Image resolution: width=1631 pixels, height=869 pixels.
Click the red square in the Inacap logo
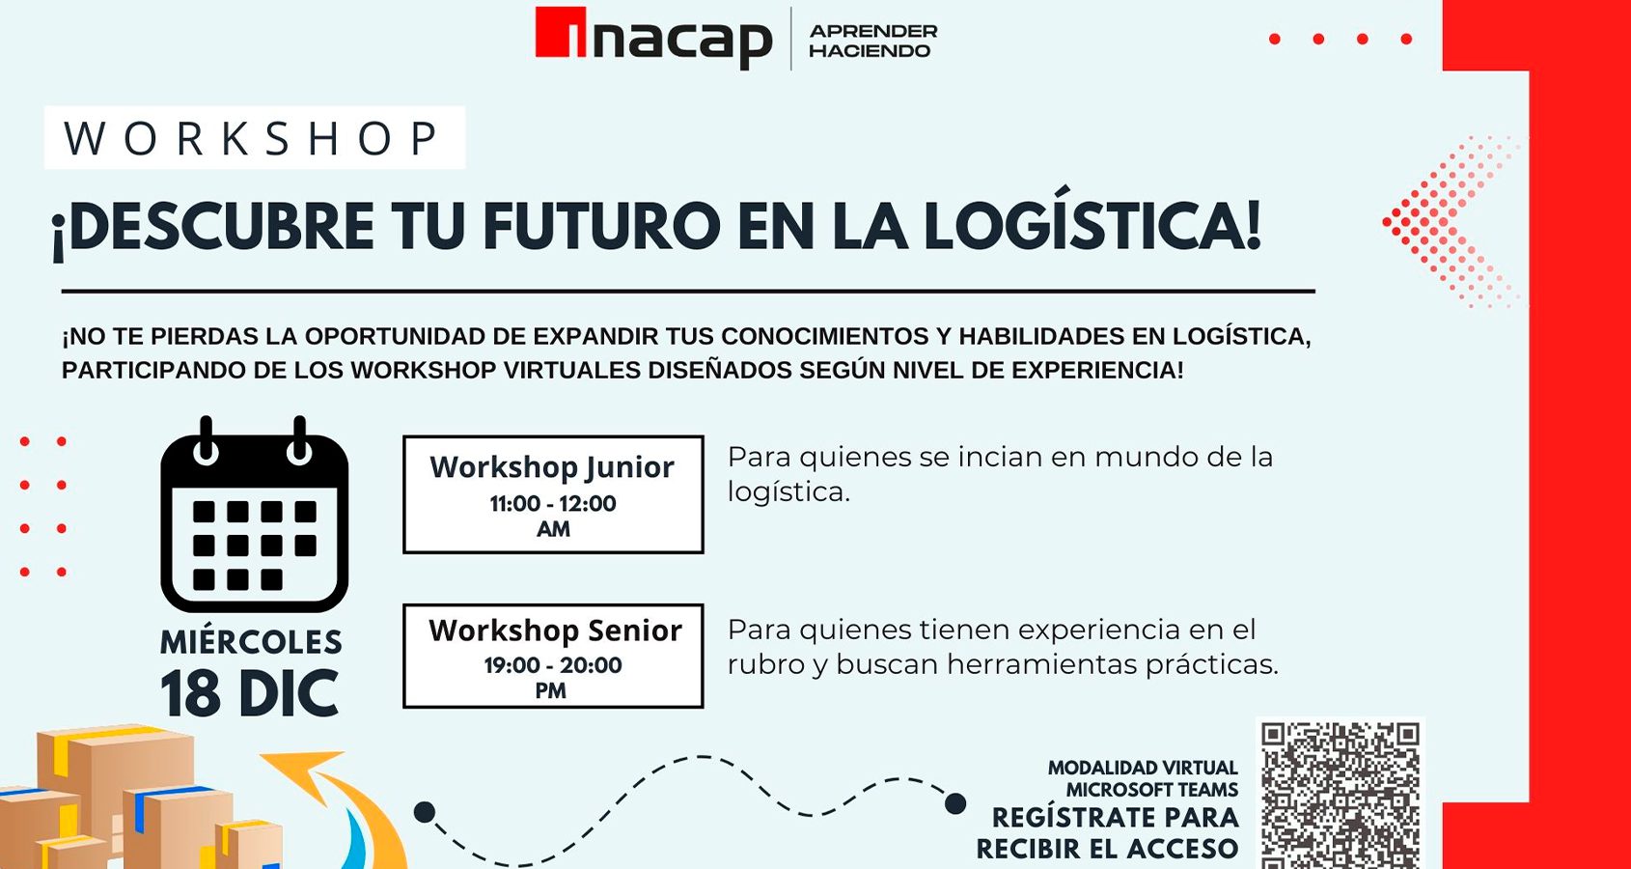tap(560, 31)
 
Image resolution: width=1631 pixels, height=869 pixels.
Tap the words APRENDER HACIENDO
tap(873, 41)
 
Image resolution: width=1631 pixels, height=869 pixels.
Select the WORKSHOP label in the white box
tap(252, 138)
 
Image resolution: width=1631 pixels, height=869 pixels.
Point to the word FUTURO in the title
tap(600, 227)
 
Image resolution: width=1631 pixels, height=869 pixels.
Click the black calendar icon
tap(254, 515)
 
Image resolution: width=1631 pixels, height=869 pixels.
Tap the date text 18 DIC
tap(250, 693)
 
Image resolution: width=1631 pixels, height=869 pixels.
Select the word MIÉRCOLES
tap(251, 642)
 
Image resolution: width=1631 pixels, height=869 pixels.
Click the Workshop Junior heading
tap(552, 467)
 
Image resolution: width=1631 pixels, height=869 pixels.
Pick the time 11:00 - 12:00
tap(553, 503)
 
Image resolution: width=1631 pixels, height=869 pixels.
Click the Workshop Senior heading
tap(555, 631)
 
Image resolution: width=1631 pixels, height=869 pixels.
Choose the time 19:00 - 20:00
tap(553, 665)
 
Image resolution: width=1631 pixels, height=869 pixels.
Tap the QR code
tap(1340, 795)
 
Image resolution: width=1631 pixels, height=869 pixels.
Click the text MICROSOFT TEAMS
tap(1152, 790)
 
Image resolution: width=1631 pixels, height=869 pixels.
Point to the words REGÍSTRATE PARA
tap(1115, 818)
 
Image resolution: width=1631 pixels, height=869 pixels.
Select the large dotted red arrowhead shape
tap(1449, 221)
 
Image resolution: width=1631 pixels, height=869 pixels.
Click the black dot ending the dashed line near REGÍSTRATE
tap(955, 804)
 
